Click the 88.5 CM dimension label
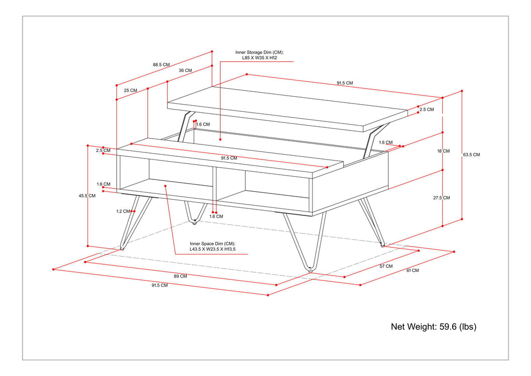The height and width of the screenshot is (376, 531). click(161, 64)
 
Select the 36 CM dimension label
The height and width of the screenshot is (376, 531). click(185, 70)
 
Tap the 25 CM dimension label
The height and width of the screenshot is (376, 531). click(130, 91)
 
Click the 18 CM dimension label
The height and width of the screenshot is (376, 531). click(443, 151)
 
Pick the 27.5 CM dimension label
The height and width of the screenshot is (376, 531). click(442, 198)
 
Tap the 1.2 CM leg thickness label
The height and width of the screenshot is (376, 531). click(123, 211)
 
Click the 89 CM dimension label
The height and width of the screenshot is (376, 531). click(180, 276)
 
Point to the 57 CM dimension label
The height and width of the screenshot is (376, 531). click(385, 266)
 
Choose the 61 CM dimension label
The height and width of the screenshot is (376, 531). click(412, 271)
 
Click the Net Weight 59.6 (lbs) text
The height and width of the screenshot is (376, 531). click(433, 326)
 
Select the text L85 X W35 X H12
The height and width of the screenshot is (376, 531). click(259, 57)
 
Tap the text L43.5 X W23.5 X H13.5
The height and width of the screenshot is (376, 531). click(213, 249)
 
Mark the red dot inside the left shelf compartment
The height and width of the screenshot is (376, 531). click(165, 186)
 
